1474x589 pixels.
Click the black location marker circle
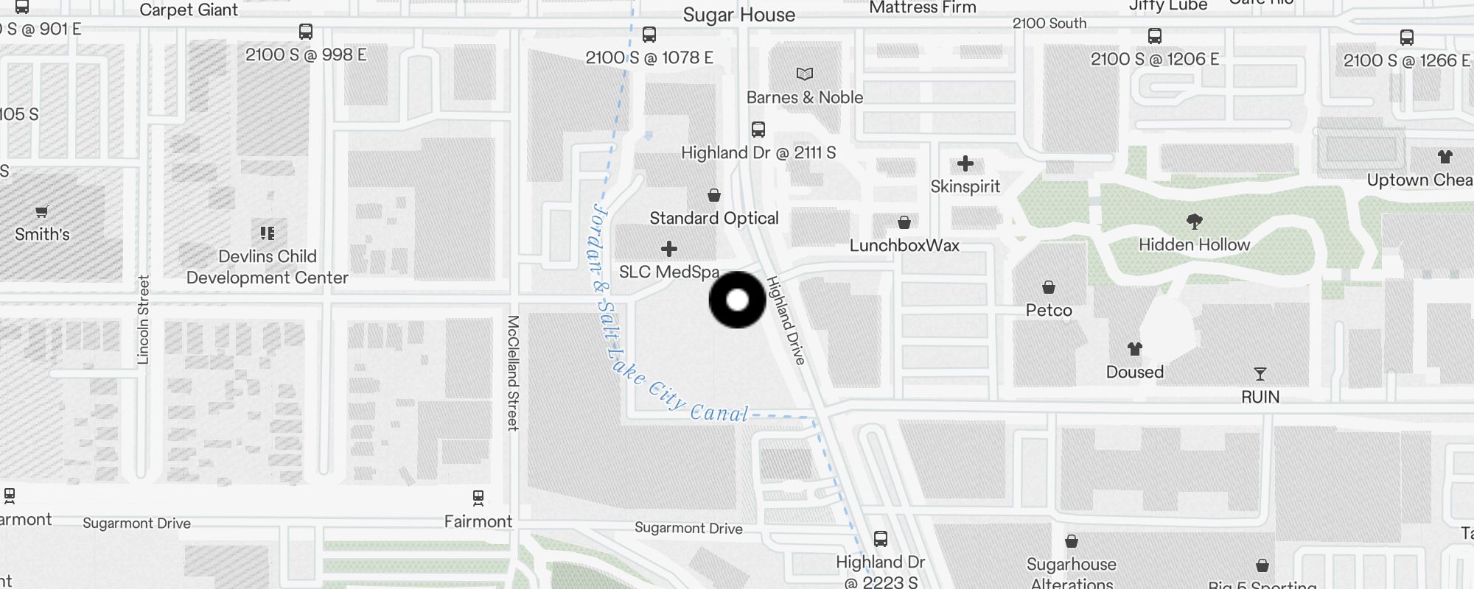click(x=737, y=300)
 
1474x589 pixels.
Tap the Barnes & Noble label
click(x=804, y=97)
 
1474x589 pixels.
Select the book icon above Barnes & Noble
click(x=804, y=74)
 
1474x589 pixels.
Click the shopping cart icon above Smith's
click(x=42, y=212)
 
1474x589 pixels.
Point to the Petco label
click(x=1048, y=310)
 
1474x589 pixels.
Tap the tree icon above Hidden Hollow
click(x=1194, y=221)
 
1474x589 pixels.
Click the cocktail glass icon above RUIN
click(x=1260, y=374)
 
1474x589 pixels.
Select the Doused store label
click(x=1134, y=372)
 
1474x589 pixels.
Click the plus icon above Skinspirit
click(x=965, y=163)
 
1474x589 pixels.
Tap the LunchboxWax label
click(x=904, y=245)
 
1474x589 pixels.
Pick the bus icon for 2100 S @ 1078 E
click(x=649, y=35)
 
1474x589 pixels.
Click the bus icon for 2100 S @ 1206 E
click(x=1154, y=36)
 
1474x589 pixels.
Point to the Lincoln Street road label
click(x=143, y=320)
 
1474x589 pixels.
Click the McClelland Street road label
click(x=513, y=373)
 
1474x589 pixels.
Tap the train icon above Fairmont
click(x=478, y=498)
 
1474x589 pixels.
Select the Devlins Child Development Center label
click(x=267, y=267)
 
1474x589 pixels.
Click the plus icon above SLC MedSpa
click(x=668, y=249)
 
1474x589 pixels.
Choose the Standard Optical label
click(x=713, y=218)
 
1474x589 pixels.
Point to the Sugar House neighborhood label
click(x=738, y=15)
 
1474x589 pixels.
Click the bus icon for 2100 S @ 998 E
click(x=305, y=32)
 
